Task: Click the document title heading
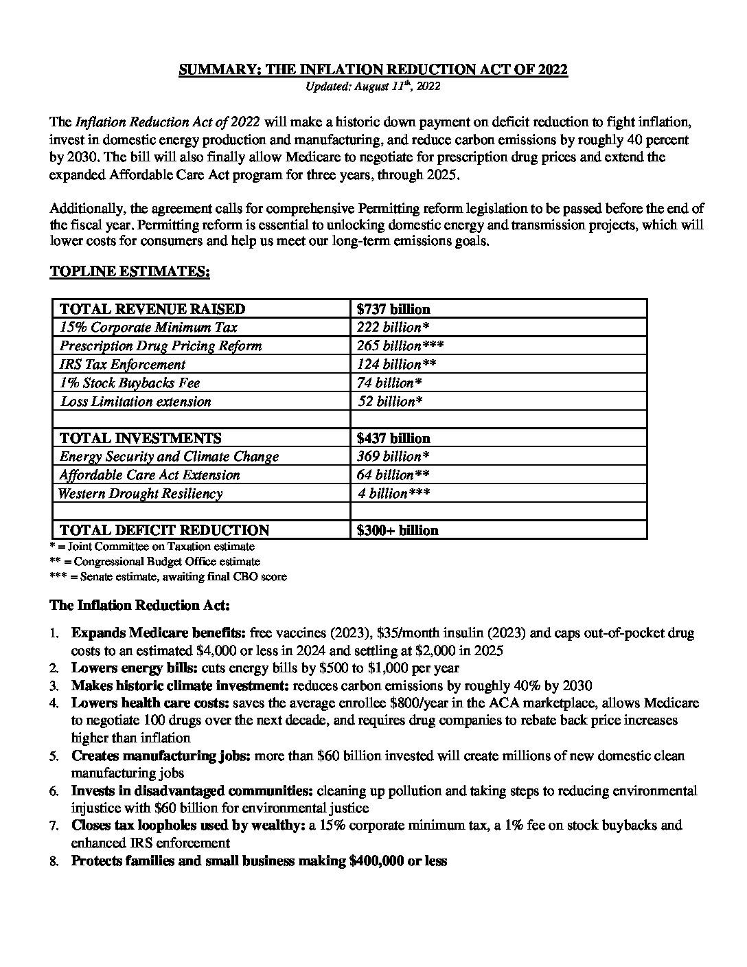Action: (x=373, y=69)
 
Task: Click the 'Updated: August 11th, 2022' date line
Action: (x=373, y=87)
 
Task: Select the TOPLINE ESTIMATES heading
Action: (x=130, y=272)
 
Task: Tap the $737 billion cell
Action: (x=393, y=309)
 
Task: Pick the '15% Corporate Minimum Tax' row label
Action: (x=148, y=328)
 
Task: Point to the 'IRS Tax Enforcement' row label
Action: (x=122, y=365)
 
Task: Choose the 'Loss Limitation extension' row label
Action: (x=135, y=402)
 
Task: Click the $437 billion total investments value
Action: (x=393, y=438)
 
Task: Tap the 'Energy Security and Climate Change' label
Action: (x=169, y=457)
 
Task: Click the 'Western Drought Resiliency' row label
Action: (x=141, y=494)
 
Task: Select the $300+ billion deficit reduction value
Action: (x=398, y=530)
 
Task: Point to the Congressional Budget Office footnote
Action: (x=155, y=562)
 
